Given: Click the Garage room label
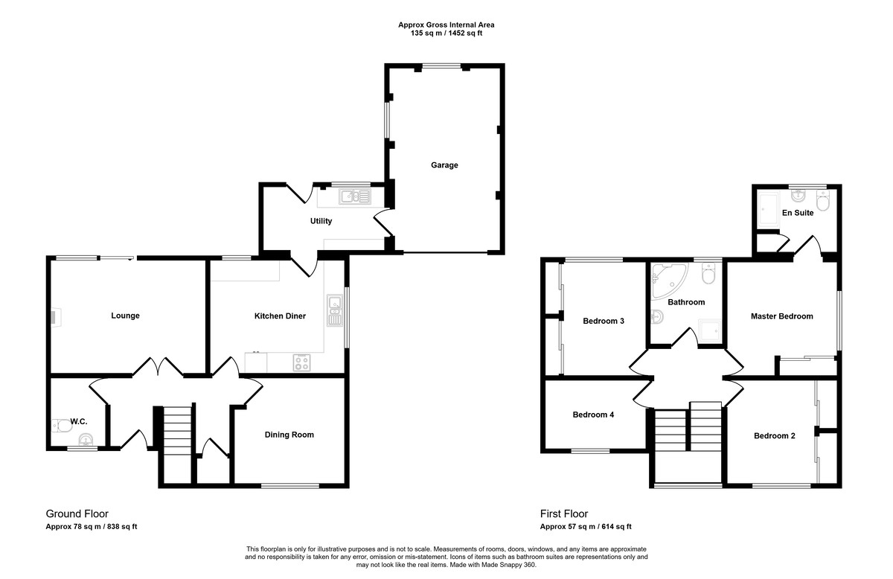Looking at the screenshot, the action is coord(444,165).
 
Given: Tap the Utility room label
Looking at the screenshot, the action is coord(321,221).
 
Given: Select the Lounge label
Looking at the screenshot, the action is coord(125,316).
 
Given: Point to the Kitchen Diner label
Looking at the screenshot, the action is coord(280,316).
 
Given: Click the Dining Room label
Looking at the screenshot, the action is coord(289,435).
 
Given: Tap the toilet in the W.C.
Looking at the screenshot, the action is coord(62,426).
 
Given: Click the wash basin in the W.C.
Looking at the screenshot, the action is coord(86,440).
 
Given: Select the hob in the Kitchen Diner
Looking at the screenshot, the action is coord(302,362).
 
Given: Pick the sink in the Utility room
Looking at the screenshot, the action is coord(355,196).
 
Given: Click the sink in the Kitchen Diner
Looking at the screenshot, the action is coord(335,310).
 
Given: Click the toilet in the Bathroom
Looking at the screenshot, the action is coord(708,273).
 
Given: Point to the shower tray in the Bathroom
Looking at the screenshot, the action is coord(710,330).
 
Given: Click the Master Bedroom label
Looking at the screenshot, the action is coord(782,316).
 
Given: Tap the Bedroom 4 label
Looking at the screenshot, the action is coord(593,415).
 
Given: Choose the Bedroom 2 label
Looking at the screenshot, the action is coord(774,436).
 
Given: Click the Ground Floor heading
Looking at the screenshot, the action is coord(77,514).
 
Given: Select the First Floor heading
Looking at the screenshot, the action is coord(564,514).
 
